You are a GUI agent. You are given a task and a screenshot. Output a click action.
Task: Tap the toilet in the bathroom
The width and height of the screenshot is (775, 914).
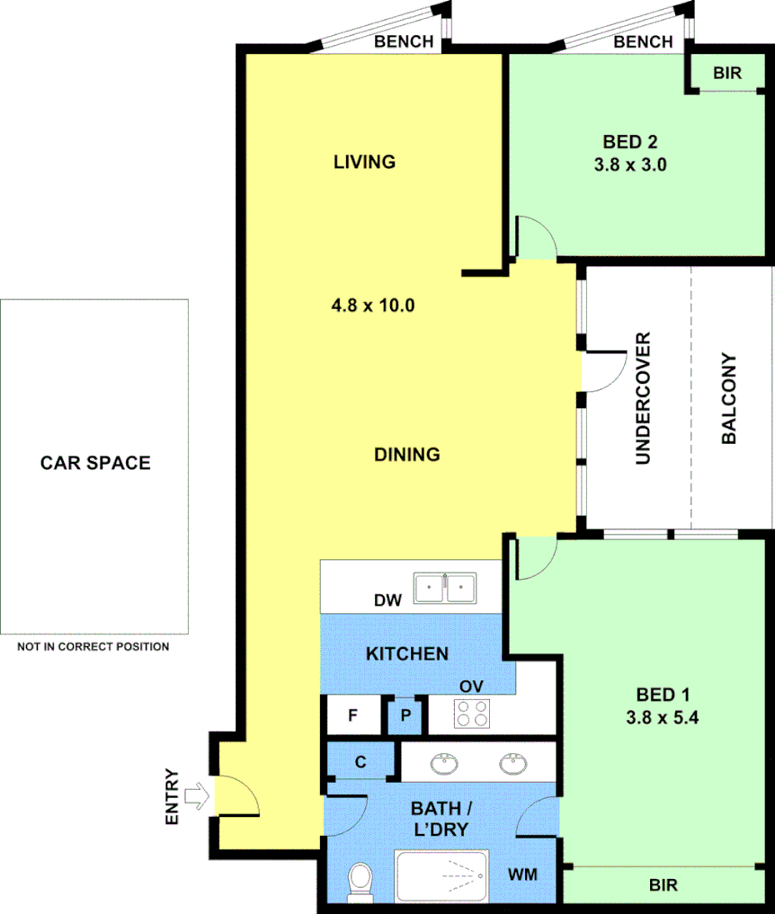coord(361,881)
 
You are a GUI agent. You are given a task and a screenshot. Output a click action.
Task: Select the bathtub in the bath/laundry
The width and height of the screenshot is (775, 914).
coord(441,876)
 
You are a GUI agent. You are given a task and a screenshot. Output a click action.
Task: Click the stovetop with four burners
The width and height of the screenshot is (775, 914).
coord(472,714)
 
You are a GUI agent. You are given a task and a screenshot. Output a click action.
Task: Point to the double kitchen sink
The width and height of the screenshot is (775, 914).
coord(445,590)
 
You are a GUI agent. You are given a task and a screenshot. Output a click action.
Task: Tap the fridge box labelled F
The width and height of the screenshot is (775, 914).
coord(352,716)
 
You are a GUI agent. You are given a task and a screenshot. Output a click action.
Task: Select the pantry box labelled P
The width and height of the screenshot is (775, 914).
coord(405,716)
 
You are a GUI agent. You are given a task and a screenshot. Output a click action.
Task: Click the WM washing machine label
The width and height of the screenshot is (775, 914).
coord(522,874)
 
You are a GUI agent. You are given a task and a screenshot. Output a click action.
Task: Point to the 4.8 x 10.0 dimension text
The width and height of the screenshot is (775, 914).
coord(372,305)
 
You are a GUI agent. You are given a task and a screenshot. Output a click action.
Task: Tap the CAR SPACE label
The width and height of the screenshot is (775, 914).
coord(95,464)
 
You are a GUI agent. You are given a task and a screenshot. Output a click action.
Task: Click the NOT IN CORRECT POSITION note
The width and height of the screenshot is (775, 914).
coord(94,646)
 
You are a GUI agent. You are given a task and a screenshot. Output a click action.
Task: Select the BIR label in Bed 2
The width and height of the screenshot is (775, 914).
coord(727,74)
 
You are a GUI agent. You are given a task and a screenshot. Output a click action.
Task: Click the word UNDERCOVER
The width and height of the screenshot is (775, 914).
coord(642,398)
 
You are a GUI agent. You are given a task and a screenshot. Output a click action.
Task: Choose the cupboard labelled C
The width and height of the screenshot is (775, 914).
coord(361,762)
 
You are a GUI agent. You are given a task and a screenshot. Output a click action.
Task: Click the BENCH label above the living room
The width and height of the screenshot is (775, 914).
coord(404,41)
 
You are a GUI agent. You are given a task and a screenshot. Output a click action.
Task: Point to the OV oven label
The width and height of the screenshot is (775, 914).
coord(471,686)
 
